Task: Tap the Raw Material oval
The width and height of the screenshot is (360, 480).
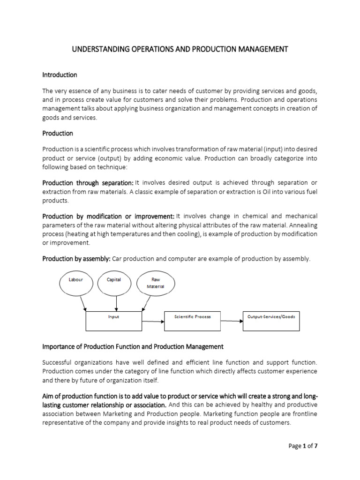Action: coord(155,283)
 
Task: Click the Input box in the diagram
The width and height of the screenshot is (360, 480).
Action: coord(113,321)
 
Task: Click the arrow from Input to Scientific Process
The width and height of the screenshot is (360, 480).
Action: coord(152,321)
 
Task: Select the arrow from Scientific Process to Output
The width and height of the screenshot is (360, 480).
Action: coord(232,321)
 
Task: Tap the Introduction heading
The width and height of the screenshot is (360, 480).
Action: coord(60,75)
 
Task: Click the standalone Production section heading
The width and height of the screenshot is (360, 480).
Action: coord(58,133)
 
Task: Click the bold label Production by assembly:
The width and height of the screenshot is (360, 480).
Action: coord(76,259)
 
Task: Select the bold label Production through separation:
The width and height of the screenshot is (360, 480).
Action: coord(88,182)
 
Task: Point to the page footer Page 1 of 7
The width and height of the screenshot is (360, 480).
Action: coord(303,446)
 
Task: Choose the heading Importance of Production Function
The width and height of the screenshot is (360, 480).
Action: coord(133,347)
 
